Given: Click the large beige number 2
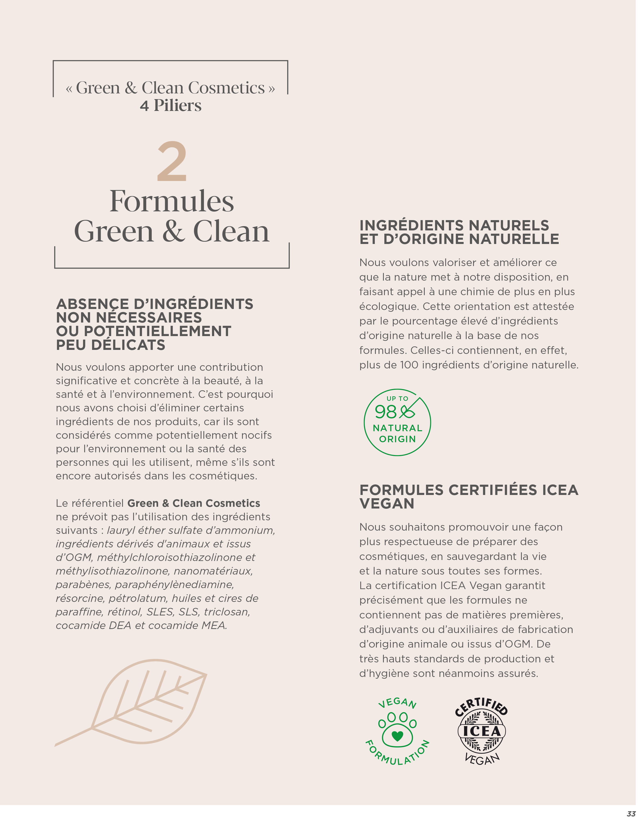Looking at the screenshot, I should coord(172,162).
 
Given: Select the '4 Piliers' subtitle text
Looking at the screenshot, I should coord(171,106).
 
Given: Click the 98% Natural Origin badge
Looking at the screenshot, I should coord(397,422).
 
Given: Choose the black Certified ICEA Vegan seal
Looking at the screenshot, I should coord(481,731).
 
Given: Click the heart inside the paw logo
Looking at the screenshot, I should coord(397,736).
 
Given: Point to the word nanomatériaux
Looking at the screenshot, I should coord(213,571).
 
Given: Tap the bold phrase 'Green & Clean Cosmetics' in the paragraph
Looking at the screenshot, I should coord(194,503).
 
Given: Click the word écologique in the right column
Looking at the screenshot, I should coord(389,306).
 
